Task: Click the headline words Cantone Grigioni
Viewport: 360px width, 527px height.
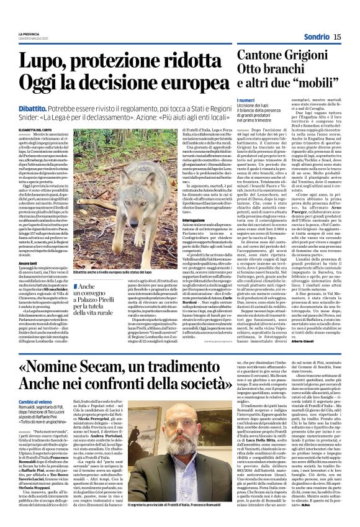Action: [288, 55]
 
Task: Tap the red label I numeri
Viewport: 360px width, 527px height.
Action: [245, 99]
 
